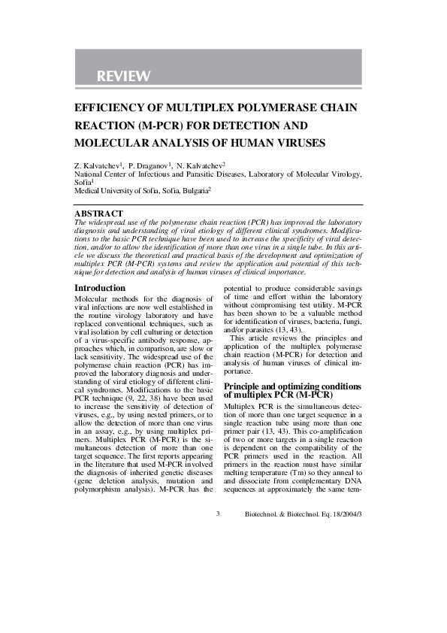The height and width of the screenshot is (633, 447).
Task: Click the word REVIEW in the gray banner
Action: coord(123,77)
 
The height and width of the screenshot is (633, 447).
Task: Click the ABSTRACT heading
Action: coord(98,214)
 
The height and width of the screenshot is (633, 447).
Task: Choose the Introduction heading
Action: coord(100,288)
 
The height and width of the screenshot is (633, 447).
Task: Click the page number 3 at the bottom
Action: coord(218,514)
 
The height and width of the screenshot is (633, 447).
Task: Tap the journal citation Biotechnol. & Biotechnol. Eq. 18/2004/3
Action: coord(304,514)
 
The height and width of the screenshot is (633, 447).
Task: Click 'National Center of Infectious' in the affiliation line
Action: coord(124,174)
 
